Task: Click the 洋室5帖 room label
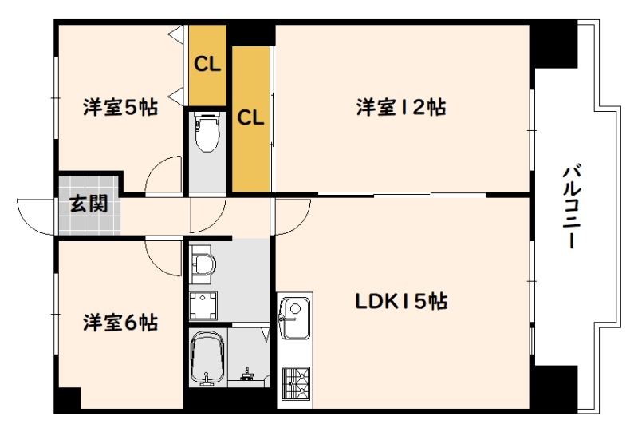120,108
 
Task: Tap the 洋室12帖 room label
401,108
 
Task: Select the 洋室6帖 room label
120,323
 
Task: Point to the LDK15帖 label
402,302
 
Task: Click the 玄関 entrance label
89,204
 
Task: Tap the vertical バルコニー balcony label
572,206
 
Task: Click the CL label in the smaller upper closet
207,64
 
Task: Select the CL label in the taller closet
250,117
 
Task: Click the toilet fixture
207,132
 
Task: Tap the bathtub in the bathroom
207,358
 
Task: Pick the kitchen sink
295,319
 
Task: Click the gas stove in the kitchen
296,382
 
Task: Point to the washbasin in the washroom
203,265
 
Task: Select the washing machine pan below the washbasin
203,306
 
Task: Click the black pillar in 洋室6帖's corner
69,399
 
